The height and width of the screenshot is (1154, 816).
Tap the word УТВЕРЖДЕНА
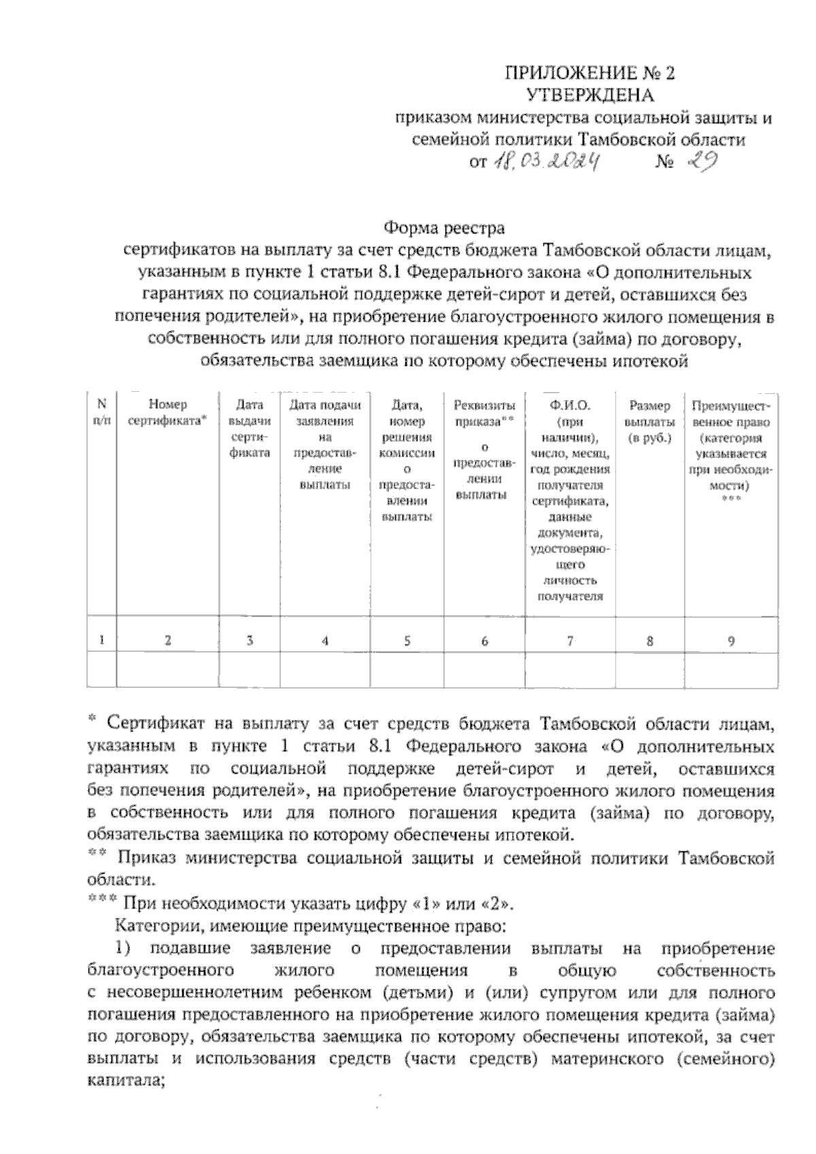coord(590,95)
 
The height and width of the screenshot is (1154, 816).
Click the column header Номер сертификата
coord(167,413)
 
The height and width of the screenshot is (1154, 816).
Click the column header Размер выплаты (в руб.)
coord(649,421)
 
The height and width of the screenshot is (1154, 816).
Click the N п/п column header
coord(102,413)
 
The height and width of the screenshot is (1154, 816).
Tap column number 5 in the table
coord(407,640)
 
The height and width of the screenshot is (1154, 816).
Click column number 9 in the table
coord(731,640)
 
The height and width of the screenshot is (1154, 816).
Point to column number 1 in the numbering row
coord(102,640)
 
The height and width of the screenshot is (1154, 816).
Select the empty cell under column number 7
coord(570,670)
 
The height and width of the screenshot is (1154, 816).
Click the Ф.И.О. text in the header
coord(570,406)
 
